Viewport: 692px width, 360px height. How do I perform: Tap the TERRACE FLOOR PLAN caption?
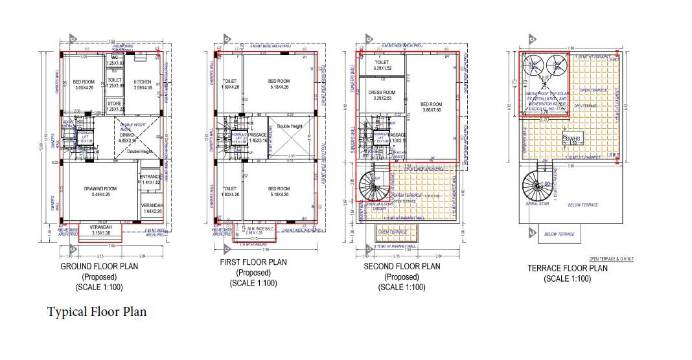point(567,268)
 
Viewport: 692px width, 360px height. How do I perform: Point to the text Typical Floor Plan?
point(97,312)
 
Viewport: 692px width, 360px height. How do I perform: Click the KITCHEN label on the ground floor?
point(143,82)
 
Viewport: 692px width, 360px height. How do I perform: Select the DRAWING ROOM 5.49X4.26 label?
point(98,188)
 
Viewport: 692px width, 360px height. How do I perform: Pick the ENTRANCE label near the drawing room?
point(150,176)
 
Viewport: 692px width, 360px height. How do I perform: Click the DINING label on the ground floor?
point(128,135)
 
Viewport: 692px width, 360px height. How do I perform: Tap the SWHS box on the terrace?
point(573,139)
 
